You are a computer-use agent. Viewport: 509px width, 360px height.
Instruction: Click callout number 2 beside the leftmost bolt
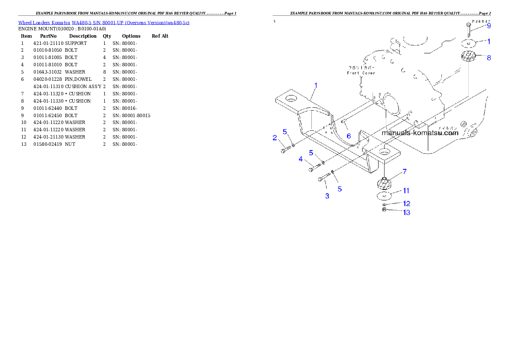(x=275, y=137)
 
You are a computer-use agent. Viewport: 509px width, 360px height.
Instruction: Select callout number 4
(x=301, y=159)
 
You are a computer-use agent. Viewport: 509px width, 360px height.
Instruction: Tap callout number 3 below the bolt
(x=327, y=196)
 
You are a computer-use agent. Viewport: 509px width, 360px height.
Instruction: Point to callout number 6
(x=349, y=136)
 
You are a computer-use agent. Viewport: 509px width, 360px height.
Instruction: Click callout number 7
(x=404, y=171)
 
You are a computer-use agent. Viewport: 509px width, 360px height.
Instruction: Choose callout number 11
(x=406, y=190)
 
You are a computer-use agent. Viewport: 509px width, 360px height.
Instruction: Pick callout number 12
(x=406, y=204)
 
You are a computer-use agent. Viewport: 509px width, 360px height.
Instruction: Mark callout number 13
(x=406, y=212)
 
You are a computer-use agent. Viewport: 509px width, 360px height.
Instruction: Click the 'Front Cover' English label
(x=361, y=73)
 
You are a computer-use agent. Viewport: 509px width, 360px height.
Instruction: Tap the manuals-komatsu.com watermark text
(x=420, y=133)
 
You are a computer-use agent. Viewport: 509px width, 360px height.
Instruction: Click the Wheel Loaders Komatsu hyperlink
(x=104, y=23)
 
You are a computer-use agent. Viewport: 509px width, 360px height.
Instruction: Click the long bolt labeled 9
(x=468, y=31)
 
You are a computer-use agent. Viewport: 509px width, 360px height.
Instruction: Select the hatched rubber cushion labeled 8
(x=469, y=56)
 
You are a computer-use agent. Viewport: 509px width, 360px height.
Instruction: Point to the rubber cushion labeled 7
(x=385, y=184)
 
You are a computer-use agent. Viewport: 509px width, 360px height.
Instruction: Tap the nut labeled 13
(x=384, y=209)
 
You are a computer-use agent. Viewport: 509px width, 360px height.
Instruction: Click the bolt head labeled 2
(x=284, y=150)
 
